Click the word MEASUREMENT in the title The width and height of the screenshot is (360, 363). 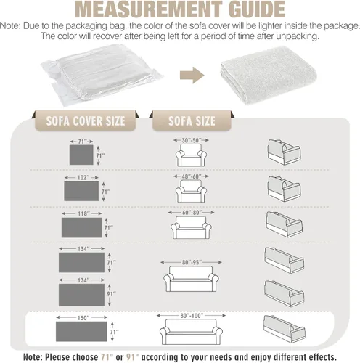(149, 9)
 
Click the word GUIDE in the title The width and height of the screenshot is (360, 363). (257, 9)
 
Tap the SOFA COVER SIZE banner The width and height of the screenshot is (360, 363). (86, 121)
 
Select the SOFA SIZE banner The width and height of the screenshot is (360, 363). (192, 121)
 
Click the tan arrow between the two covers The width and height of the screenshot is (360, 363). (192, 76)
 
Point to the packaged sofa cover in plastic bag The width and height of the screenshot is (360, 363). (102, 74)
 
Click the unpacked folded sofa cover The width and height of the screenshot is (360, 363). (269, 75)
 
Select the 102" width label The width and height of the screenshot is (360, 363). (82, 178)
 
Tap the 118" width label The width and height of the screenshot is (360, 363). (82, 213)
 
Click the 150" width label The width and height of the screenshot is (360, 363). (82, 318)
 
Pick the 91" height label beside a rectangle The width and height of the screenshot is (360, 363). (111, 294)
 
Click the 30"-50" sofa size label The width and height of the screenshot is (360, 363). (192, 140)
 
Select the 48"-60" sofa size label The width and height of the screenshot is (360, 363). (192, 176)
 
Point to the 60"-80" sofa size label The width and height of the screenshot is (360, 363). (192, 213)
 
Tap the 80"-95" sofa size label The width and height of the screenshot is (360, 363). (192, 262)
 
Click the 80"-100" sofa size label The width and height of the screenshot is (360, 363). (192, 316)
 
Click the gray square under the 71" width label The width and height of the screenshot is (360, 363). (81, 155)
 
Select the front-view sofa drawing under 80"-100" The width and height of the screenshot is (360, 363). (191, 332)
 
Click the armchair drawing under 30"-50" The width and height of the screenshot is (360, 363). (191, 155)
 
